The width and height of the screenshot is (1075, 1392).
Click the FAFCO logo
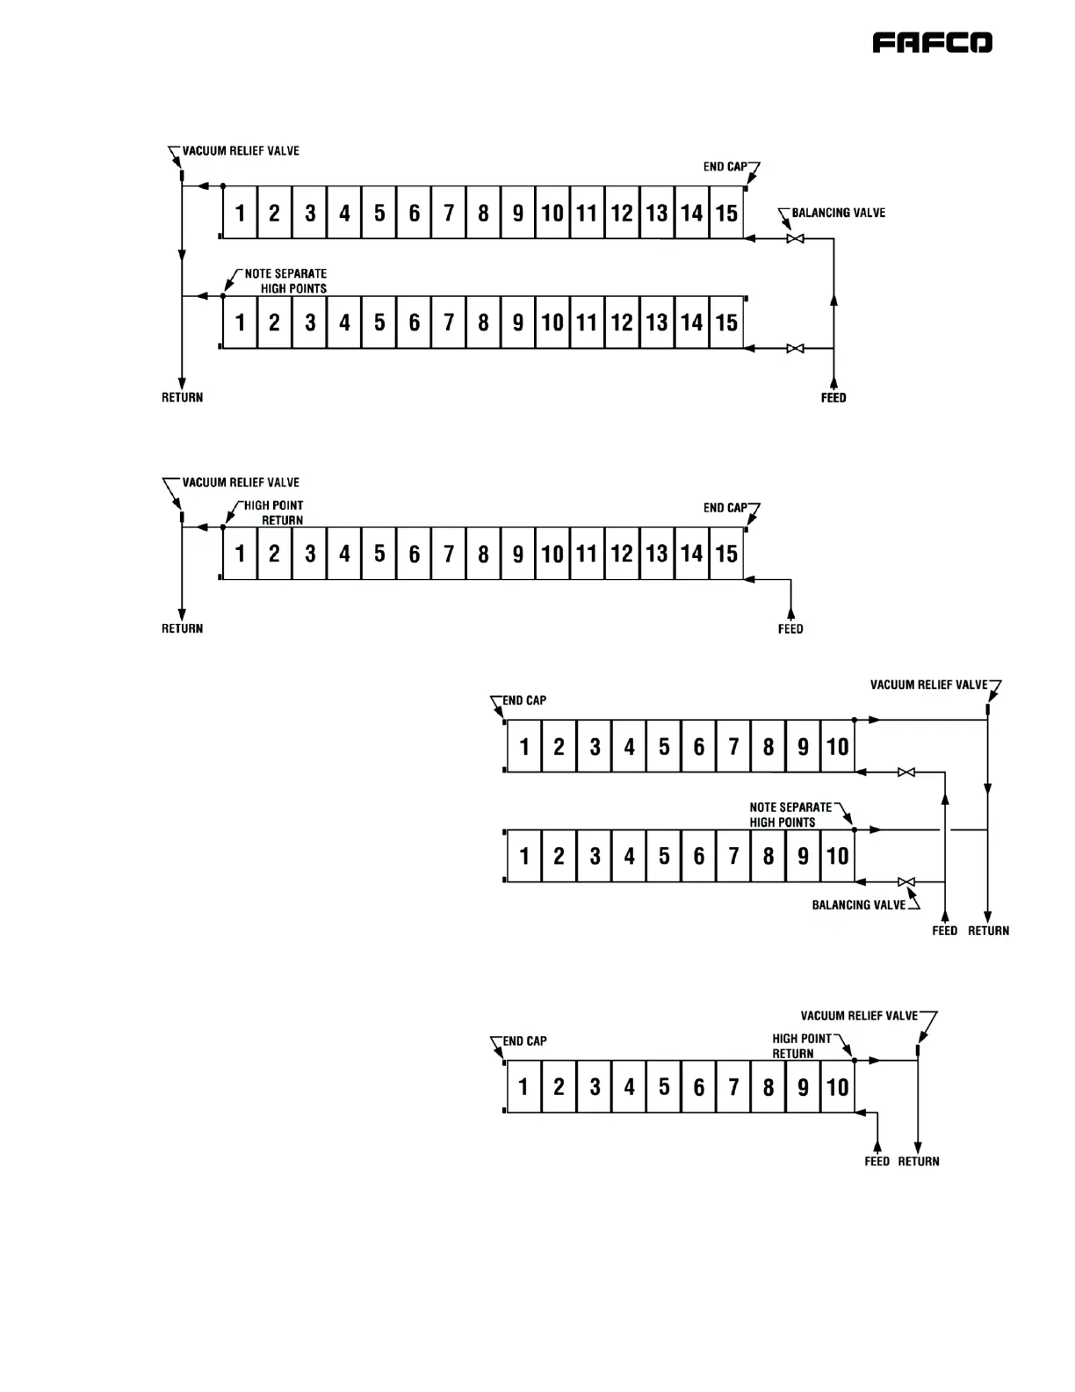[x=932, y=43]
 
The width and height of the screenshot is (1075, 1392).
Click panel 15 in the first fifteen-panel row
[x=726, y=213]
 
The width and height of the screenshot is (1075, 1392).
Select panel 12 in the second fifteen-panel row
[x=622, y=323]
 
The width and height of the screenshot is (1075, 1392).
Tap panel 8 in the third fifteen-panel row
[x=483, y=554]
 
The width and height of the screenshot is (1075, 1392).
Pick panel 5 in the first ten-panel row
[x=664, y=747]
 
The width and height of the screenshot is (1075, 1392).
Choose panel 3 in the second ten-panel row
[x=595, y=856]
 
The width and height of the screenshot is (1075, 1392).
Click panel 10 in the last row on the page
[x=837, y=1087]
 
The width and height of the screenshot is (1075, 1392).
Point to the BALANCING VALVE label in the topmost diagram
[x=838, y=213]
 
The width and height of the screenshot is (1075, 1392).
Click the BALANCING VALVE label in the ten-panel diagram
[x=858, y=905]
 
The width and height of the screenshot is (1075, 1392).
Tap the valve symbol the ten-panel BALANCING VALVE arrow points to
[x=907, y=881]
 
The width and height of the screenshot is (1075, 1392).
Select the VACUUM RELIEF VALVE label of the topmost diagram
[x=240, y=151]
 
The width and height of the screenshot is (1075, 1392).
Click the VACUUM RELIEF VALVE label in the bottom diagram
[x=859, y=1016]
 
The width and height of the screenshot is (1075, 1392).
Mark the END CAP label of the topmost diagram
[x=725, y=167]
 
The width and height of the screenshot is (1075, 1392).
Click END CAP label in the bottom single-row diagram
[x=524, y=1041]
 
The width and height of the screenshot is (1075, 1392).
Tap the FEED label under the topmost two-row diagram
[x=833, y=398]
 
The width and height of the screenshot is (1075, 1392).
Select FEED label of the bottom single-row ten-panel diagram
[x=877, y=1162]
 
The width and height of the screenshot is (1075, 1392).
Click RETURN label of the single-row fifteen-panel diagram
[x=182, y=629]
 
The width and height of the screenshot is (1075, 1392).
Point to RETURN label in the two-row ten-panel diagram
[x=988, y=931]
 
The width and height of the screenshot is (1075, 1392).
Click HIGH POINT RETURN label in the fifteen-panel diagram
[x=275, y=512]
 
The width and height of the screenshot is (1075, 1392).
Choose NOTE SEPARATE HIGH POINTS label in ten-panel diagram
[x=790, y=815]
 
